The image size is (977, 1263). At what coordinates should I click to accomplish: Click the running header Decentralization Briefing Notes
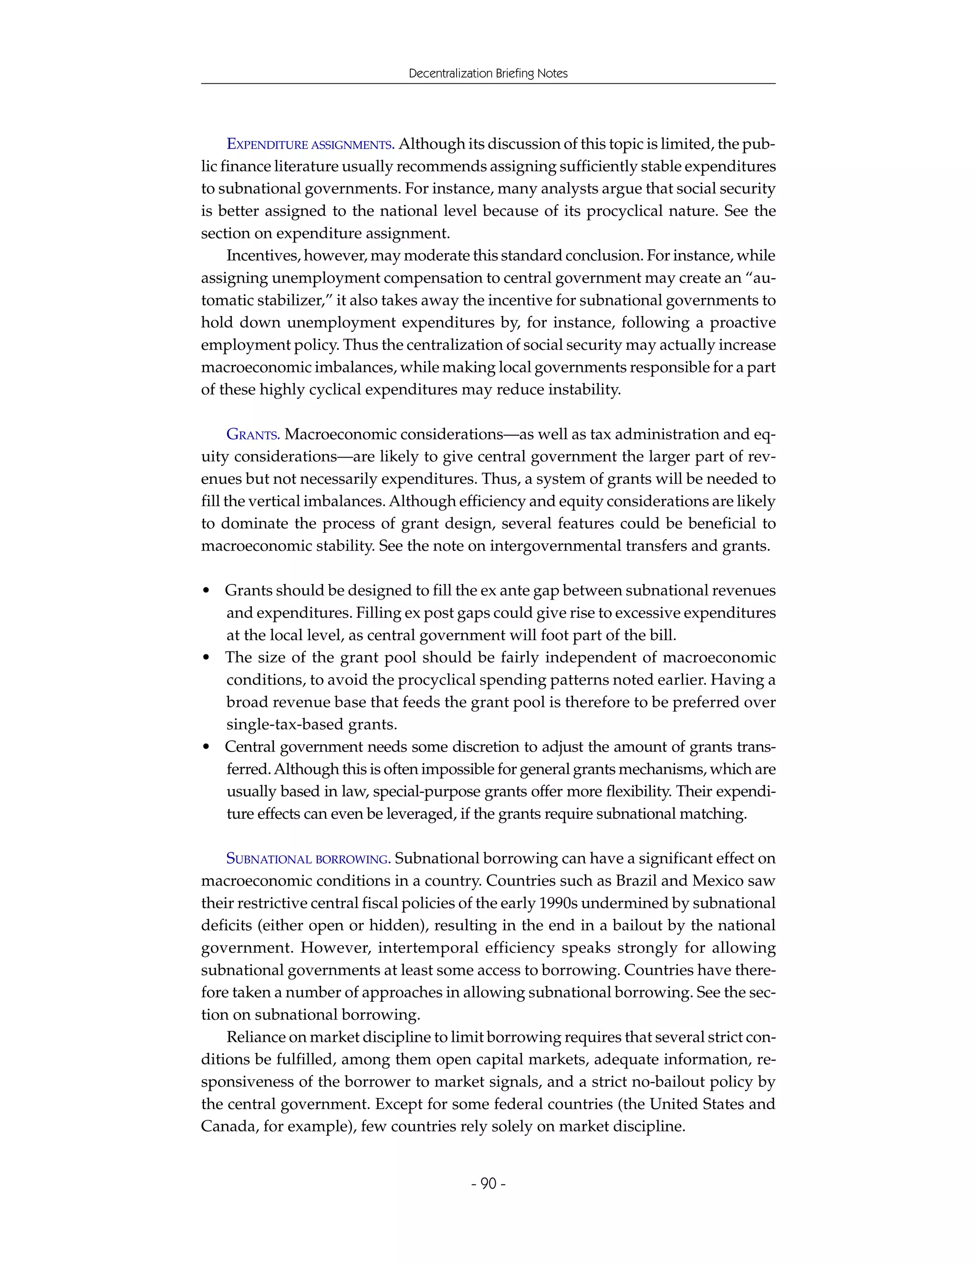coord(488,73)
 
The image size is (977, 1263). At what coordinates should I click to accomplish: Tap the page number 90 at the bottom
coord(488,1183)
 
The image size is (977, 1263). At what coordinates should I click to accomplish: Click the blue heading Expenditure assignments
coord(310,144)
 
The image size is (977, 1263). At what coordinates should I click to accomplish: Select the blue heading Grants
coord(253,434)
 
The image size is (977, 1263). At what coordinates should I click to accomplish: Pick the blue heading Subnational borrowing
coord(308,859)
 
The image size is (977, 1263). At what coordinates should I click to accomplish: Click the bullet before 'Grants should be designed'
coord(207,591)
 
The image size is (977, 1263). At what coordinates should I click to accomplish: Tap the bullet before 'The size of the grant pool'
coord(207,658)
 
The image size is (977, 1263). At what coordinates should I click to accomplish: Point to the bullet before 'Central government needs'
coord(207,747)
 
